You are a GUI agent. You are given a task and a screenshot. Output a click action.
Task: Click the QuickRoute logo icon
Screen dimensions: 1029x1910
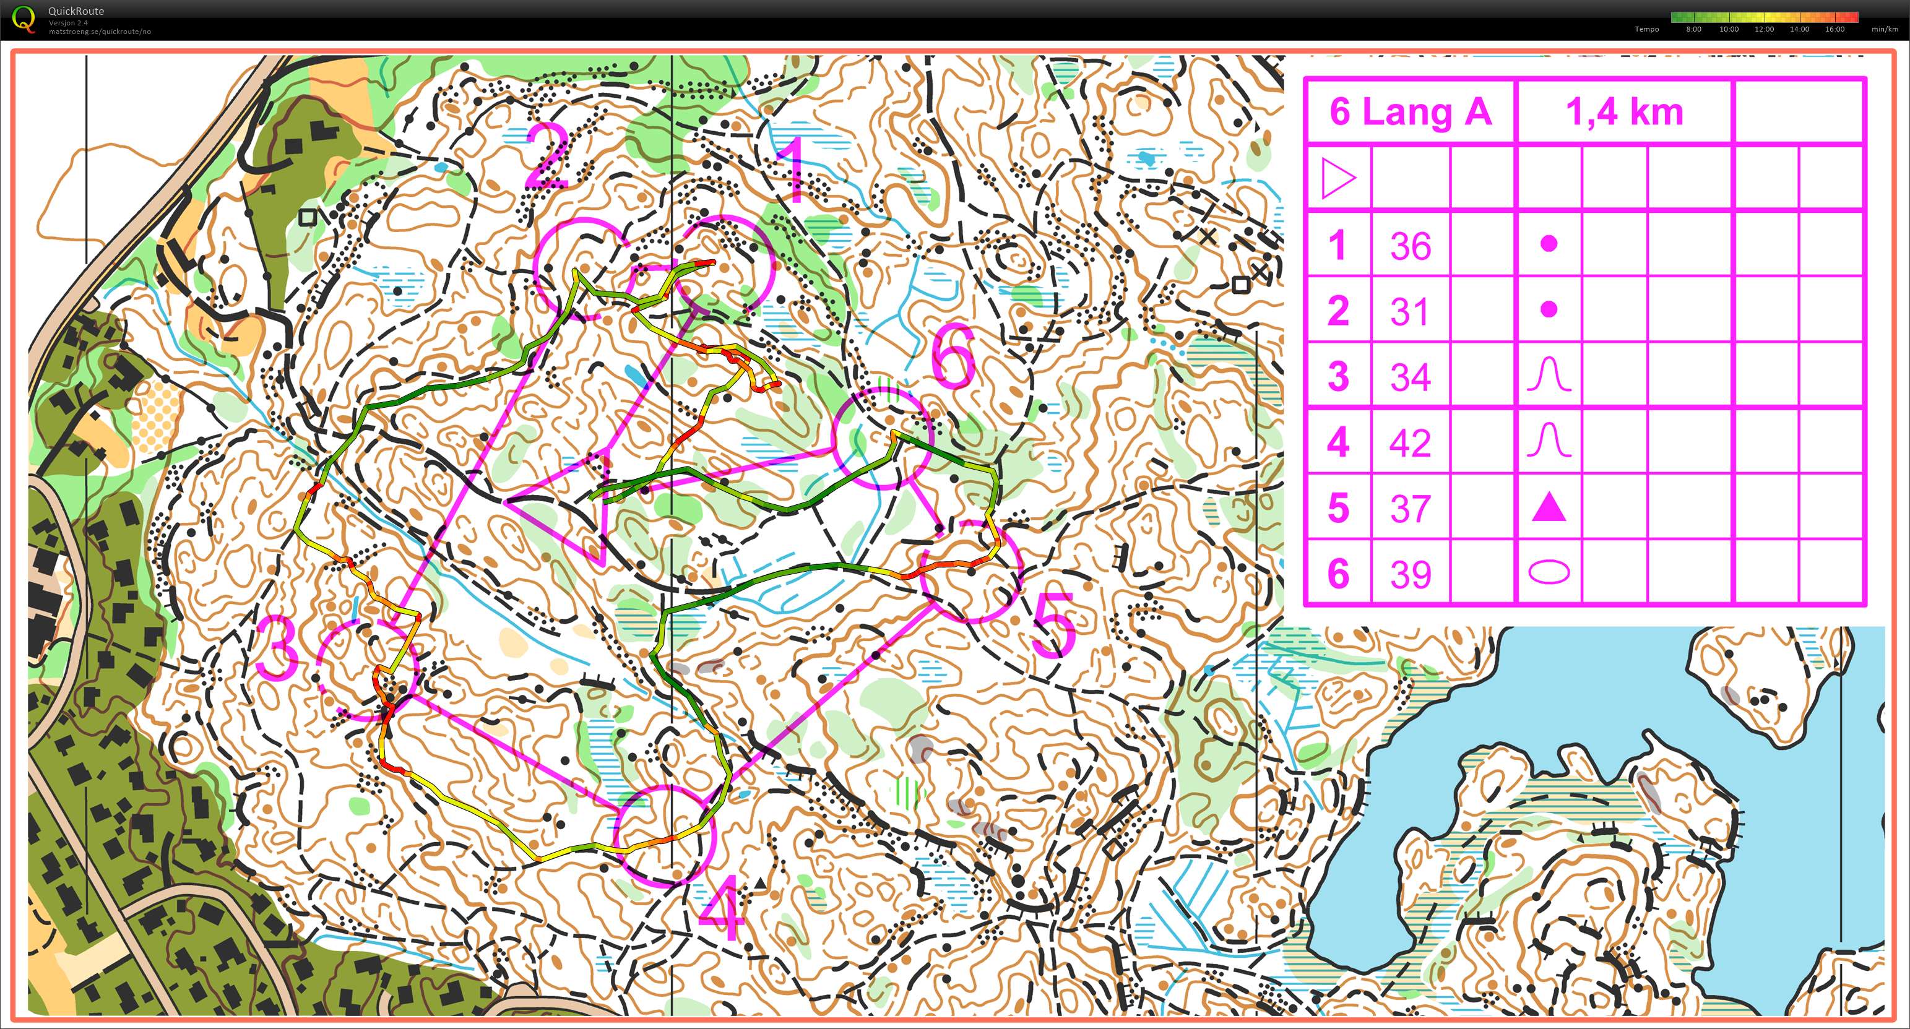tap(24, 19)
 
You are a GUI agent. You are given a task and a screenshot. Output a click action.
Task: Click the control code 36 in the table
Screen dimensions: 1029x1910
tap(1409, 246)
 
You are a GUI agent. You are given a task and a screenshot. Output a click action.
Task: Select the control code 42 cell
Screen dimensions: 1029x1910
tap(1409, 442)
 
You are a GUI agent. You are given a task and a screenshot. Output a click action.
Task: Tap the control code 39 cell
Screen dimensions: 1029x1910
tap(1409, 574)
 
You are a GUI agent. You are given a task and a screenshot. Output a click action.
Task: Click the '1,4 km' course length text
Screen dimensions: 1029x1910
tap(1624, 112)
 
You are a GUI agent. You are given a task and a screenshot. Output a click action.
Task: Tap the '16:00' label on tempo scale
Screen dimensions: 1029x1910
tap(1834, 30)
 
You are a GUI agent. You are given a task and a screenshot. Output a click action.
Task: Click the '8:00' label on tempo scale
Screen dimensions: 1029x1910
tap(1693, 30)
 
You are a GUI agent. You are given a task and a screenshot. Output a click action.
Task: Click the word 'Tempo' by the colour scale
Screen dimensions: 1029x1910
tap(1646, 30)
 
